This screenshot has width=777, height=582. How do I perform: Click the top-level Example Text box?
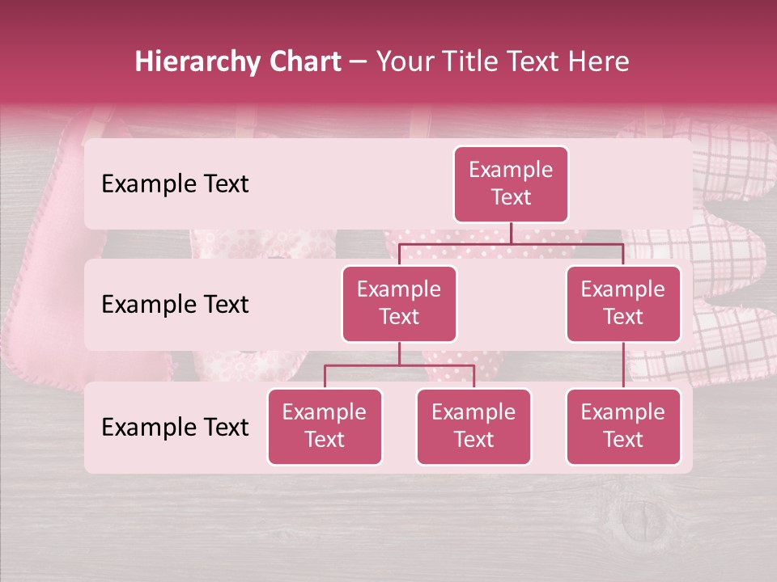[511, 183]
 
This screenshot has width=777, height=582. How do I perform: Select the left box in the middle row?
[399, 303]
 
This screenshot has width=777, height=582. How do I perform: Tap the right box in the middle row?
[623, 303]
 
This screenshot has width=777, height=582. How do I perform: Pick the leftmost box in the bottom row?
[325, 426]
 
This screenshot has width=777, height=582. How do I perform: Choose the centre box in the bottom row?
[473, 426]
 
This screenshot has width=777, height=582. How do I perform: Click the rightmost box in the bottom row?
[623, 426]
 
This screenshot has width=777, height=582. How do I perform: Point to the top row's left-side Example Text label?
[175, 183]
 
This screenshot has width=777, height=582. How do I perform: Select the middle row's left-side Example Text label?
[175, 304]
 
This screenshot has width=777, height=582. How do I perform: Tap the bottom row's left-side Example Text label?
[175, 427]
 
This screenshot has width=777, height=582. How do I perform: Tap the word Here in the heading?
[597, 61]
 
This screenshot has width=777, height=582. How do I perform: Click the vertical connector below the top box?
[511, 233]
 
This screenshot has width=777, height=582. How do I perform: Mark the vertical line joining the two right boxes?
[623, 365]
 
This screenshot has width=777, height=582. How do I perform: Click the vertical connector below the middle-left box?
[399, 353]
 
